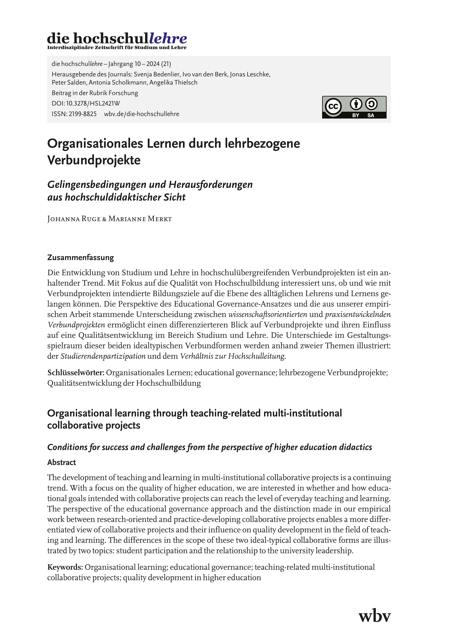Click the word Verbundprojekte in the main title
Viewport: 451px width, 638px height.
(94, 160)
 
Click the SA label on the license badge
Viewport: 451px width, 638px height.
(371, 115)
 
